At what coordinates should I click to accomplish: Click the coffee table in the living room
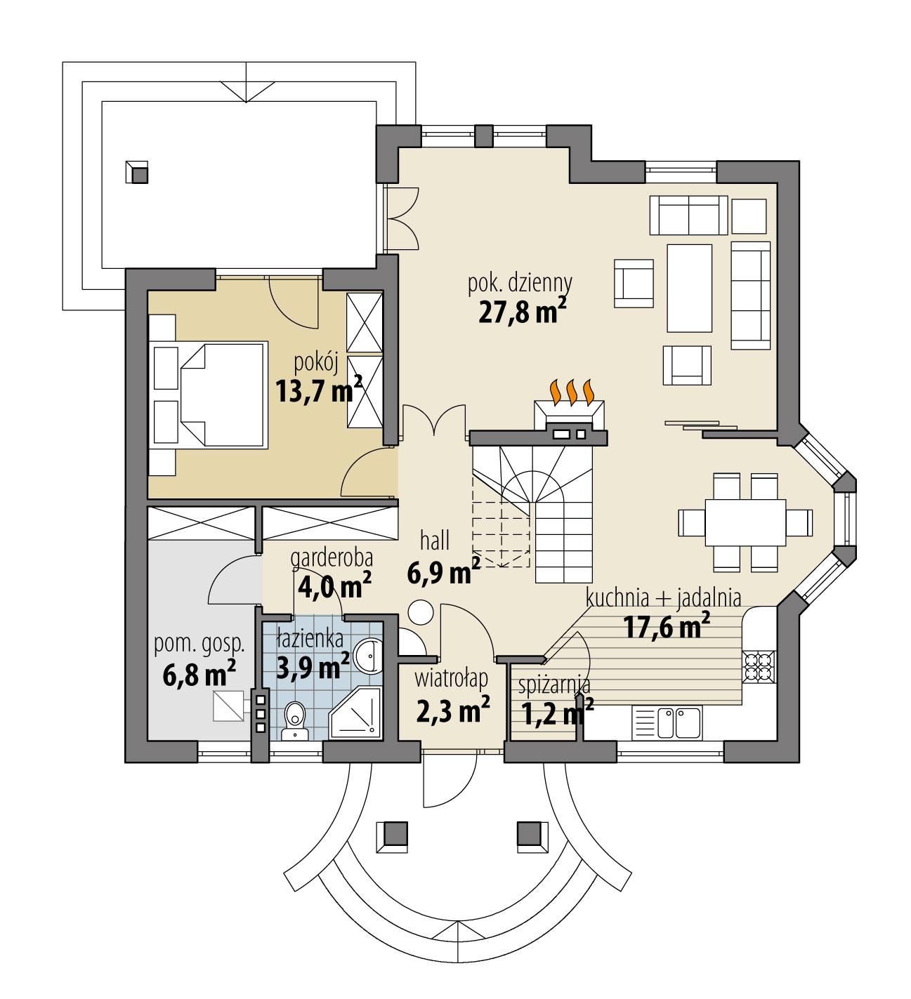pyautogui.click(x=689, y=287)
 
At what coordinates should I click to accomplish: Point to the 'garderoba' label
pyautogui.click(x=331, y=557)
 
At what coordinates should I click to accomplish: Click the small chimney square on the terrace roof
pyautogui.click(x=138, y=172)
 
